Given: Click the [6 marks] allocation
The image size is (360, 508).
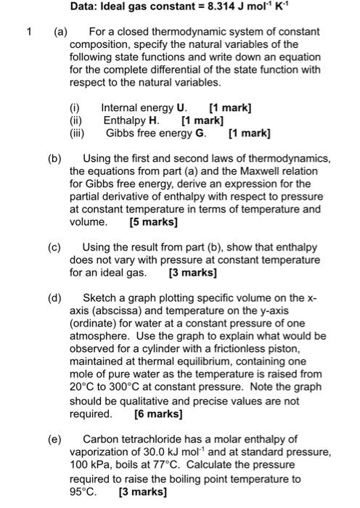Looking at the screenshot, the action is (158, 414).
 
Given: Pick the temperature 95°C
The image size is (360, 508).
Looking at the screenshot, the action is (82, 491).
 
